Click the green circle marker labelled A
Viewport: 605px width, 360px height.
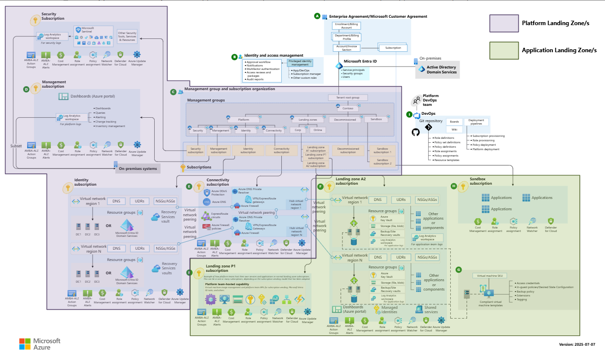[x=317, y=16]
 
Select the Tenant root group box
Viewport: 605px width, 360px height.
[x=348, y=98]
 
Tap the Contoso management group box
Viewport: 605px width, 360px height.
[x=348, y=108]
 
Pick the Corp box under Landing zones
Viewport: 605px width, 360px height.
[x=297, y=131]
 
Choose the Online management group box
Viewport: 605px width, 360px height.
[x=317, y=131]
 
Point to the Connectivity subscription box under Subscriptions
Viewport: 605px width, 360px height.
[x=281, y=150]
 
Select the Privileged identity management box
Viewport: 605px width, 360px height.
[x=300, y=63]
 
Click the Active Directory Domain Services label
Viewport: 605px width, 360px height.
[x=441, y=70]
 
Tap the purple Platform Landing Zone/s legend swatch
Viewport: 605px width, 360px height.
[x=504, y=23]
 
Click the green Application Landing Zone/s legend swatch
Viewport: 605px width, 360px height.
[x=504, y=50]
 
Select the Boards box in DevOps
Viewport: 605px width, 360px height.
[x=454, y=122]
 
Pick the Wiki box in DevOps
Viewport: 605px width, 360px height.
[x=454, y=130]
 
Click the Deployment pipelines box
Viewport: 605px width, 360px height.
[x=476, y=122]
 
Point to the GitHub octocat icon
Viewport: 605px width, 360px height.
[x=415, y=132]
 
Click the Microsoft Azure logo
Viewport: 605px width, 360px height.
[x=40, y=343]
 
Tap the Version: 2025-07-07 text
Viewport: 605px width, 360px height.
[x=577, y=344]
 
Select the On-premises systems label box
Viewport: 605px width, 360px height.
[x=138, y=169]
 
